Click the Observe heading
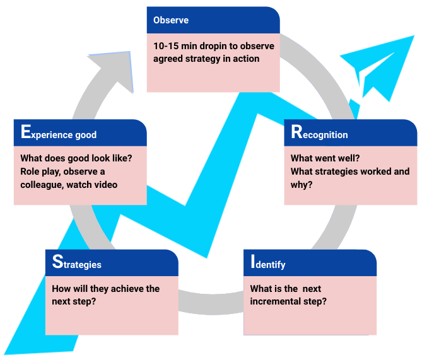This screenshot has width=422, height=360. tap(171, 20)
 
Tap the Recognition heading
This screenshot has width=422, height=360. tap(319, 134)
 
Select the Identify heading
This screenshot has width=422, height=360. tap(268, 264)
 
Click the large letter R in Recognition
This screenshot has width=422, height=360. tap(296, 132)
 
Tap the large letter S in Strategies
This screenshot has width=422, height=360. tap(57, 263)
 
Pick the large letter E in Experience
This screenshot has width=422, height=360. tap(25, 132)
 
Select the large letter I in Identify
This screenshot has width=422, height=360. tap(252, 263)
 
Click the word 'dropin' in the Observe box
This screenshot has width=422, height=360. tap(216, 46)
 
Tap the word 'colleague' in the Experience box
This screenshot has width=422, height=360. tap(42, 184)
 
